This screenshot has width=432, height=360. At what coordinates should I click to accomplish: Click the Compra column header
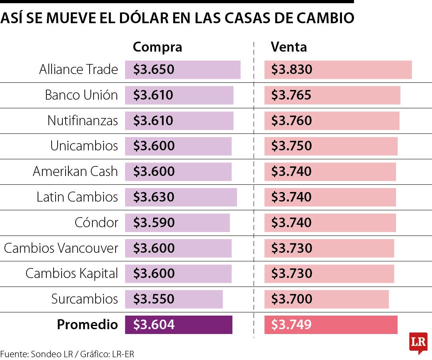(157, 47)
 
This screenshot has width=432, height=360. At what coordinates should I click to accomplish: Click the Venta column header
(289, 47)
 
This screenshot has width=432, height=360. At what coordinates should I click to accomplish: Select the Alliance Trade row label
(78, 70)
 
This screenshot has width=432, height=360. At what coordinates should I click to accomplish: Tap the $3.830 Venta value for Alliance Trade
(292, 70)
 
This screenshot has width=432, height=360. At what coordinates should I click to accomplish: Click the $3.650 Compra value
(154, 70)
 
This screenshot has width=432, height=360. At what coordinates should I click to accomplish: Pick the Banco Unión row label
(81, 95)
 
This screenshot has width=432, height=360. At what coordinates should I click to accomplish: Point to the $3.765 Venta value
(291, 95)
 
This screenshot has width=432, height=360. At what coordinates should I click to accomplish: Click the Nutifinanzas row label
(82, 121)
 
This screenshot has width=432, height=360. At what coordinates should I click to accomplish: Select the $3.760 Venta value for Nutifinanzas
(291, 121)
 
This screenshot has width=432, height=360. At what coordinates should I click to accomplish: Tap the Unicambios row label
(84, 146)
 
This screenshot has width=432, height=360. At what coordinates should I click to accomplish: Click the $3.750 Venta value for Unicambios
(291, 146)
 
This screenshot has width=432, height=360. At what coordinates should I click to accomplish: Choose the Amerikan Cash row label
(75, 172)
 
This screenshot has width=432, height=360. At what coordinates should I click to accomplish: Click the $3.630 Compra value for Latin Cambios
(154, 197)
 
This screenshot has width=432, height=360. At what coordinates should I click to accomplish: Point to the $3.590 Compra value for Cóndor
(154, 223)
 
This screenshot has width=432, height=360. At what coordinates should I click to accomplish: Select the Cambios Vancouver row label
(61, 248)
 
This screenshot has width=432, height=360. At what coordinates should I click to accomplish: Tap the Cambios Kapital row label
(72, 274)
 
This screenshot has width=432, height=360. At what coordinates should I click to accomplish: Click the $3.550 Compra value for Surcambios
(154, 299)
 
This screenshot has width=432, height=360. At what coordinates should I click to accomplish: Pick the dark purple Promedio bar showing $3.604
(178, 324)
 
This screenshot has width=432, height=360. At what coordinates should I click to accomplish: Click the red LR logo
(418, 342)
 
